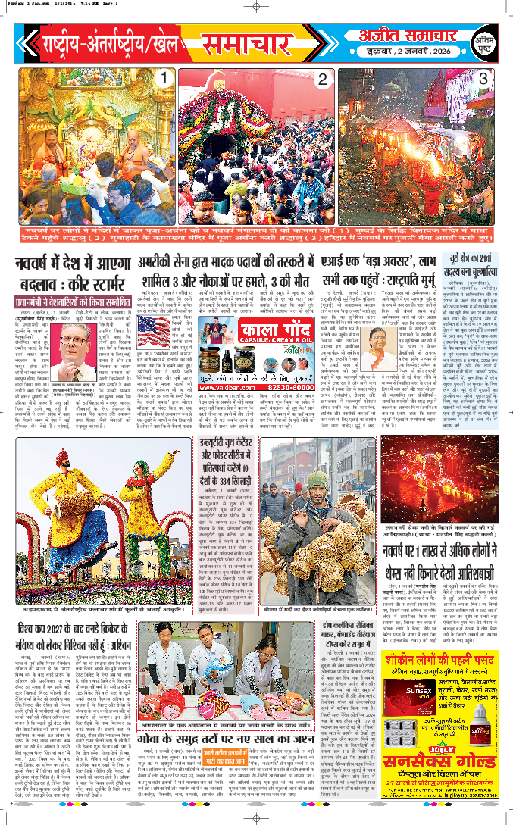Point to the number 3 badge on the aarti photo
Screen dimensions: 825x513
point(482,79)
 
